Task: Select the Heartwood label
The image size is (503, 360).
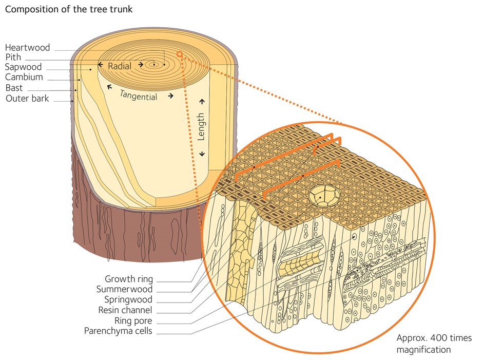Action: pos(28,48)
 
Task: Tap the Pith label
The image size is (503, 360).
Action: pos(13,58)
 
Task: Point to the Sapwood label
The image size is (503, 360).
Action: pos(24,67)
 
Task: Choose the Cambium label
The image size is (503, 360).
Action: pos(24,78)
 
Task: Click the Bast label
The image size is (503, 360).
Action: pos(14,88)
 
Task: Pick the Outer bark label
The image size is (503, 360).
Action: pos(28,98)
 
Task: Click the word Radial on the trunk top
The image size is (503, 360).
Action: pos(120,66)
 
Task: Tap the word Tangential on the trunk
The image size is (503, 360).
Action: pos(139,94)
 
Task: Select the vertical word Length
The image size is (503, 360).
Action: pos(201,126)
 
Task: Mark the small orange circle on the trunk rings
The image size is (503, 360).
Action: pos(179,53)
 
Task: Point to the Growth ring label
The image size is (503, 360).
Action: pos(129,279)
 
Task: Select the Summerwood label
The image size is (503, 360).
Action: pos(124,290)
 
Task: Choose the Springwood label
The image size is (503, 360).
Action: pos(128,300)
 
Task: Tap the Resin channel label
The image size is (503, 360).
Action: pos(125,310)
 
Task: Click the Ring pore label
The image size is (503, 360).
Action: pos(132,321)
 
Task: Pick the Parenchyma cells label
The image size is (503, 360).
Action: pos(119,331)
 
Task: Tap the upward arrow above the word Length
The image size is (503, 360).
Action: pos(202,102)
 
